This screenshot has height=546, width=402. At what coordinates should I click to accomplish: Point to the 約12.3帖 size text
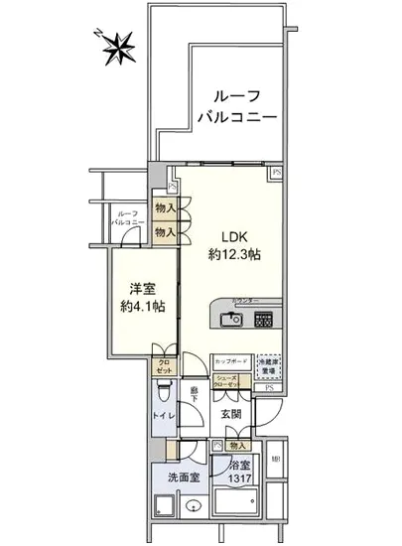[x=234, y=254]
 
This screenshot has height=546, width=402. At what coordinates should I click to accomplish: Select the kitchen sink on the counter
[x=231, y=320]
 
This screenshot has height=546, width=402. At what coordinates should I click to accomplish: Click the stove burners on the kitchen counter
[x=265, y=320]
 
